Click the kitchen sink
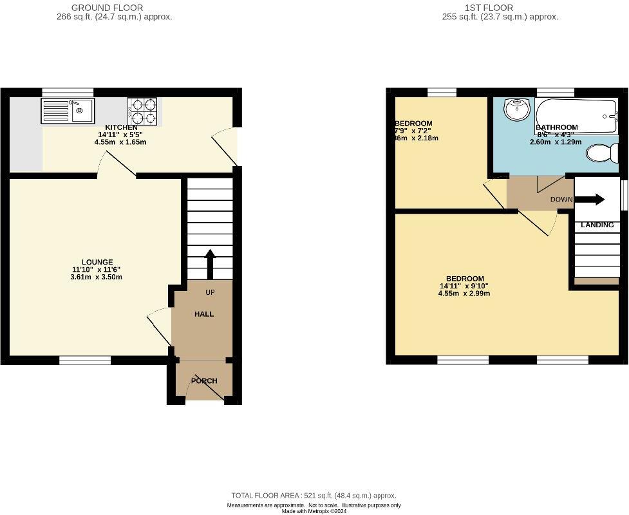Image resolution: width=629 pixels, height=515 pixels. pyautogui.click(x=68, y=111)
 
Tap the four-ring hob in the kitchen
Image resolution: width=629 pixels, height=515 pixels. pyautogui.click(x=142, y=111)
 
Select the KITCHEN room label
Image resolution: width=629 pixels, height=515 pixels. pyautogui.click(x=120, y=127)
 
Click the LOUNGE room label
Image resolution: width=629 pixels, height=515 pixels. pyautogui.click(x=97, y=262)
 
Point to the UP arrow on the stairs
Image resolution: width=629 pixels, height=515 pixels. pyautogui.click(x=209, y=263)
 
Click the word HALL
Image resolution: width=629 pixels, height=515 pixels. pyautogui.click(x=204, y=314)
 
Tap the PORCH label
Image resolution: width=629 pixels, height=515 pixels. pyautogui.click(x=204, y=380)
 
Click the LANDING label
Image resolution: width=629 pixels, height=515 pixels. pyautogui.click(x=597, y=225)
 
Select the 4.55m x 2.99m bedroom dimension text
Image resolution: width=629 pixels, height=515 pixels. pyautogui.click(x=465, y=294)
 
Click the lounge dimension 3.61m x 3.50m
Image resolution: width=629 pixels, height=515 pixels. pyautogui.click(x=97, y=277)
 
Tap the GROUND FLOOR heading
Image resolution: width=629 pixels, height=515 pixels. pyautogui.click(x=107, y=8)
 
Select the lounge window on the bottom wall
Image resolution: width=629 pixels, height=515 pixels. pyautogui.click(x=85, y=360)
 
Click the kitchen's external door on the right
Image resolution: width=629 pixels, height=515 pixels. pyautogui.click(x=225, y=145)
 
